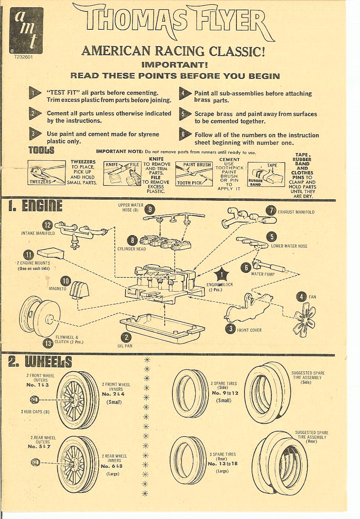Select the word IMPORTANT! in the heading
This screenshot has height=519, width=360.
[174, 64]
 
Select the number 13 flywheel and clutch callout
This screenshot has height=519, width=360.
[48, 343]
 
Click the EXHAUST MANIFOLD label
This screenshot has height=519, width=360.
[296, 212]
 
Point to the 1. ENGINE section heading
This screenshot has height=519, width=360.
[35, 206]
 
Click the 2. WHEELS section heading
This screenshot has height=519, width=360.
[40, 361]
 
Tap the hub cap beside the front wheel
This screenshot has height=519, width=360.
[33, 400]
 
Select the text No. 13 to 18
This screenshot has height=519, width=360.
[222, 464]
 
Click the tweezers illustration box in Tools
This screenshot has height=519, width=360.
[46, 172]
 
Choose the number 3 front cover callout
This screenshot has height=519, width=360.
[230, 329]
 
